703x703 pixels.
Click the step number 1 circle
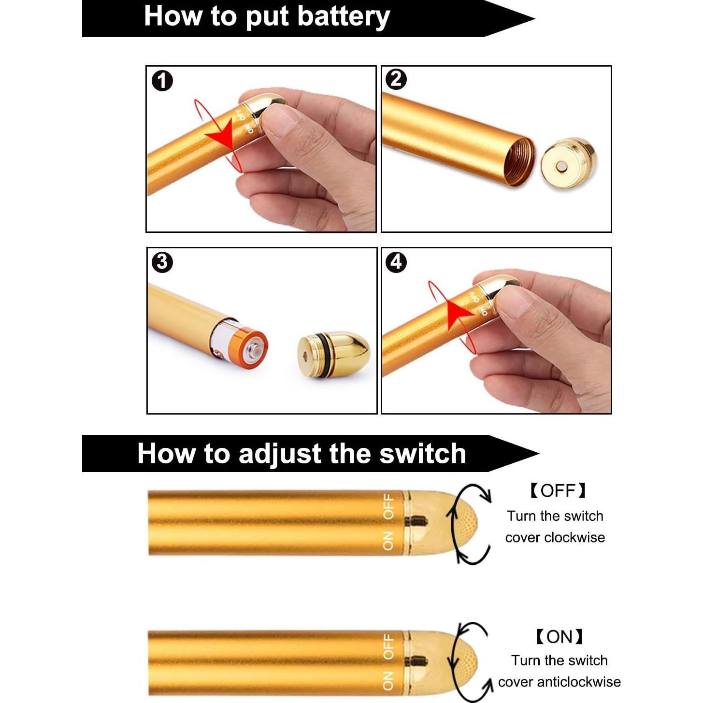click(x=162, y=81)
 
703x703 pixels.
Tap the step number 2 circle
click(x=396, y=80)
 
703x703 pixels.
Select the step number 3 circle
click(x=162, y=263)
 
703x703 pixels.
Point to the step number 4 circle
click(x=396, y=262)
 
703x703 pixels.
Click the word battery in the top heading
click(x=344, y=17)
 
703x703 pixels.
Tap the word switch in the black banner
click(x=422, y=454)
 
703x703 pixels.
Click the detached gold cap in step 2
click(x=568, y=163)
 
